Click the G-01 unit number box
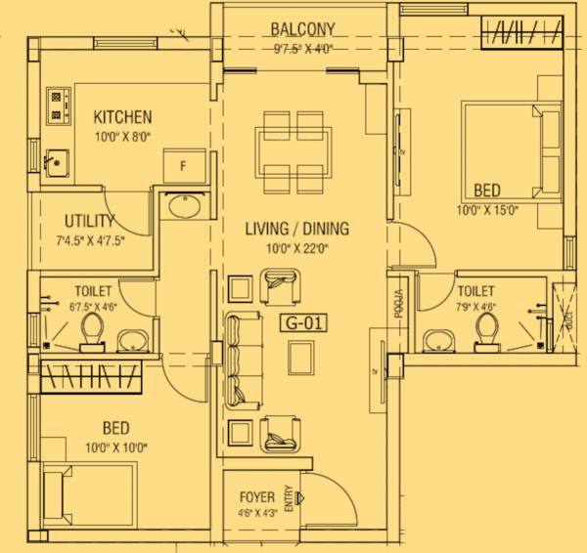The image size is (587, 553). tap(301, 322)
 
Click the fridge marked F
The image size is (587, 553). tap(182, 165)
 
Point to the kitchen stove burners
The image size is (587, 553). tap(60, 106)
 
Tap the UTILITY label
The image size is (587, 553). tap(90, 221)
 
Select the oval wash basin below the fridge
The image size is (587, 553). tap(182, 207)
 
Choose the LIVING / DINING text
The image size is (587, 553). tap(296, 230)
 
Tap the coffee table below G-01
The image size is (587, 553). tap(301, 361)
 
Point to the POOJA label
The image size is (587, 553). tap(399, 307)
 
